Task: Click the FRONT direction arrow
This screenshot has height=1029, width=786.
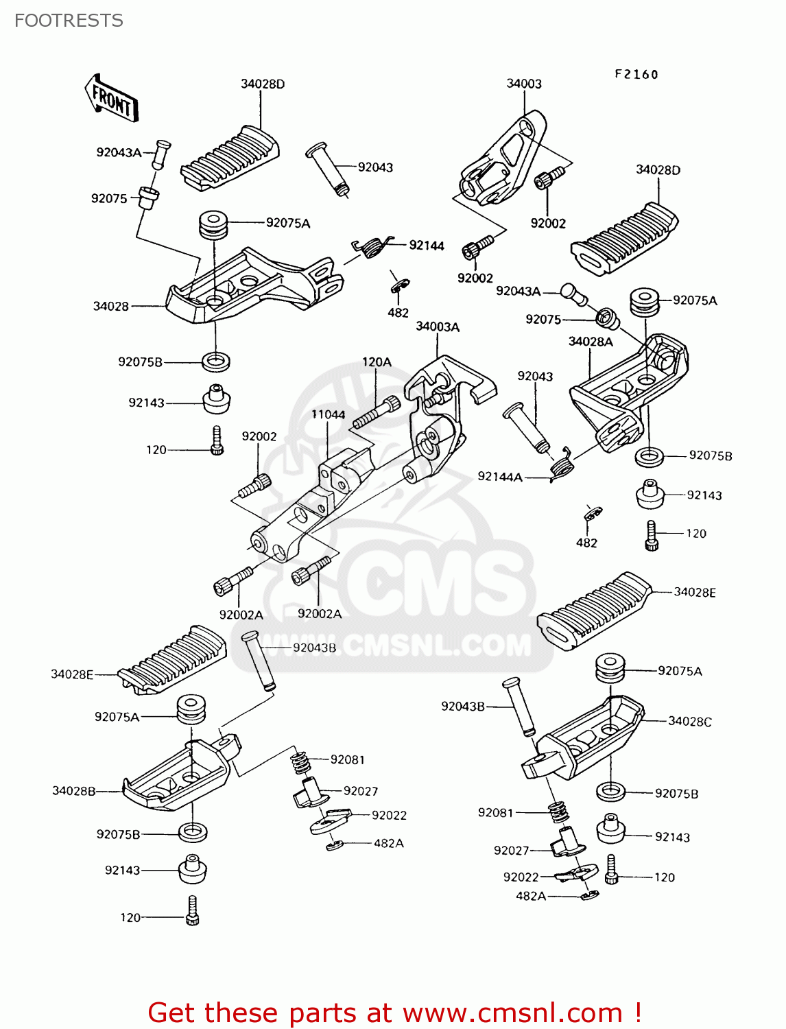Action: pos(112,99)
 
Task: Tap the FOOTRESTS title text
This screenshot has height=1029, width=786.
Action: pos(69,21)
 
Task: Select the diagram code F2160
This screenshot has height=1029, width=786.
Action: pos(636,74)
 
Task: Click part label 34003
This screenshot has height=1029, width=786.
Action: pos(524,84)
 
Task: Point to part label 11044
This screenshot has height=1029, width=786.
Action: pos(328,414)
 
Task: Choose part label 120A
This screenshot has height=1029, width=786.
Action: pos(377,362)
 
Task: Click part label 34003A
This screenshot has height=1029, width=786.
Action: pos(438,327)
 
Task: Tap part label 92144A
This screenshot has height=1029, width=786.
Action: pos(500,477)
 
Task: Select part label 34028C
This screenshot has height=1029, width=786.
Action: pos(689,721)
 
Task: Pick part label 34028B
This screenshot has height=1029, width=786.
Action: pos(74,791)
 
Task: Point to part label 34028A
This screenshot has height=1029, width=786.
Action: pos(591,342)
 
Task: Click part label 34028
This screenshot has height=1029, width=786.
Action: pos(111,306)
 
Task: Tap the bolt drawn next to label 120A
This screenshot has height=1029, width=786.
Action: pos(376,413)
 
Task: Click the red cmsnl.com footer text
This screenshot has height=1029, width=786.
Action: pos(394,1013)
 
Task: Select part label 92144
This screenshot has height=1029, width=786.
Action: pos(427,246)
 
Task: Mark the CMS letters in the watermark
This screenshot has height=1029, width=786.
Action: pos(439,583)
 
